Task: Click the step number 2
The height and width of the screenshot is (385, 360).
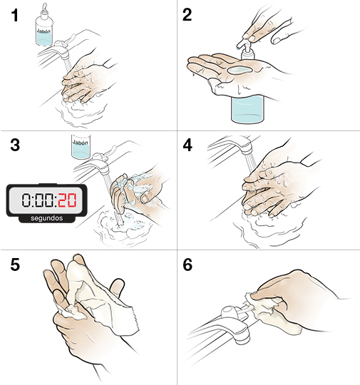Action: [188, 16]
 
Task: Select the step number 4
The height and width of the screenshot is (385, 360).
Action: [188, 146]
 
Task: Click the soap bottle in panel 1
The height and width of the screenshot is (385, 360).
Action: [44, 32]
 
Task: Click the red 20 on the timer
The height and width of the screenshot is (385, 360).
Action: [66, 198]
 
